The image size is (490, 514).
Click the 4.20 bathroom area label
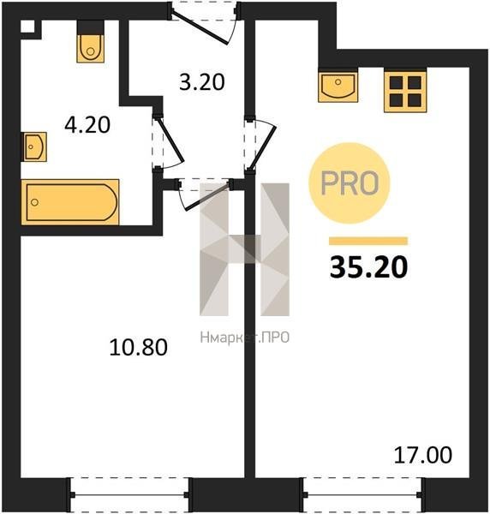point(87,125)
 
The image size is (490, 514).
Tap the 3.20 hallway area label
point(202,81)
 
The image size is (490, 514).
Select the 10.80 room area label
point(138,347)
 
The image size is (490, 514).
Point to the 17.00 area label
point(423,455)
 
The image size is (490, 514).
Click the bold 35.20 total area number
point(368,267)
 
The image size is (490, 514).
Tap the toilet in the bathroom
point(91,42)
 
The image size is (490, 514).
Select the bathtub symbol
point(69,202)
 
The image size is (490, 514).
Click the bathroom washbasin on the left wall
point(34,146)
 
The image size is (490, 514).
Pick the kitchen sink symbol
point(338,85)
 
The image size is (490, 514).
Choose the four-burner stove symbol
point(405,92)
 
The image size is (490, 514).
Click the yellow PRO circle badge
point(350,183)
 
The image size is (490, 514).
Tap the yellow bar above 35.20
point(368,241)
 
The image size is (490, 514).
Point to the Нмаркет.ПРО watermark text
point(244,338)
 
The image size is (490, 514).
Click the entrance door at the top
point(204,23)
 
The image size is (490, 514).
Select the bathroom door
point(168,142)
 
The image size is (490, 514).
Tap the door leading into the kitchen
point(261,144)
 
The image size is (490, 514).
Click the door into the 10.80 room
point(205,194)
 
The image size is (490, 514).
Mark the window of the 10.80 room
point(129,494)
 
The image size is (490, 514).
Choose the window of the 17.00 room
point(362,494)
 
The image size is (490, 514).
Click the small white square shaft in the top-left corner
point(27,27)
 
